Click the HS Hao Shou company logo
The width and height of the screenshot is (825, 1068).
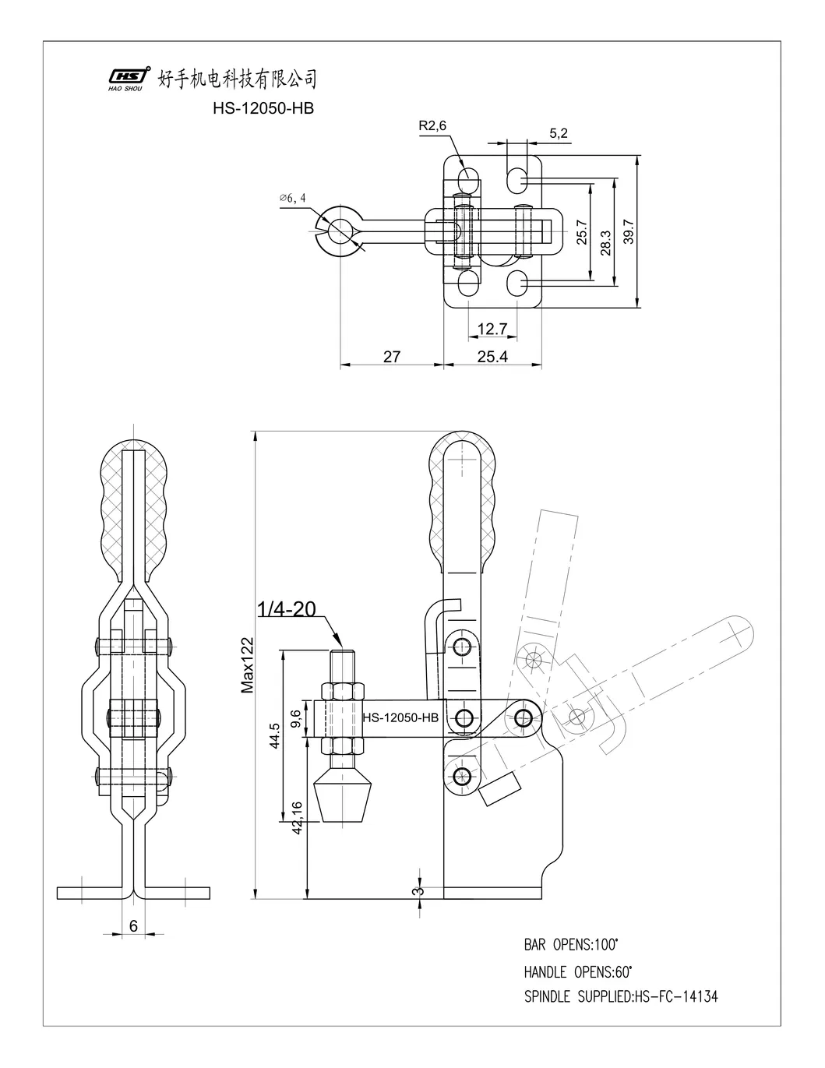click(x=128, y=78)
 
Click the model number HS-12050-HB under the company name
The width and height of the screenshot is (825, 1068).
click(x=263, y=109)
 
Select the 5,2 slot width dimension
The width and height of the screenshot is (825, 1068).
click(x=559, y=133)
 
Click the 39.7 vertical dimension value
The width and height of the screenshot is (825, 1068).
click(x=629, y=231)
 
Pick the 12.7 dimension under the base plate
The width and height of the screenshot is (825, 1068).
click(x=492, y=330)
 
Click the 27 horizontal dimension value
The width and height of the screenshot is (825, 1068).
click(x=392, y=356)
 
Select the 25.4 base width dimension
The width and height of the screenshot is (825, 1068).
click(x=492, y=356)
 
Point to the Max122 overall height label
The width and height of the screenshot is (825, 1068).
click(x=248, y=663)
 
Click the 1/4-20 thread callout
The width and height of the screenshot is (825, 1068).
click(x=286, y=608)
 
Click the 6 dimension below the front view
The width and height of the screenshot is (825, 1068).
click(x=133, y=925)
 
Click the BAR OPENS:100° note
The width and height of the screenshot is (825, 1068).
click(x=571, y=945)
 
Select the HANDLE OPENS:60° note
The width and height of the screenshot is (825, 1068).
click(x=577, y=971)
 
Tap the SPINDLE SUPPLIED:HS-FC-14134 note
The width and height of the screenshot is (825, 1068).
click(x=621, y=996)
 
